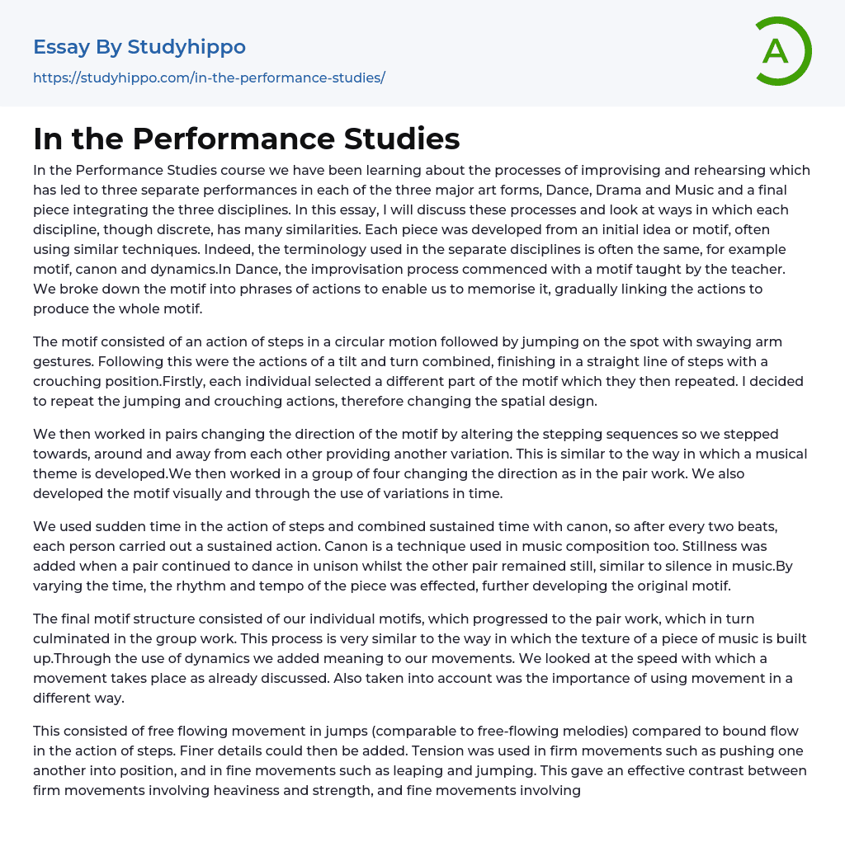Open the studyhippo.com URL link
pos(209,78)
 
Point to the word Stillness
pos(739,547)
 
